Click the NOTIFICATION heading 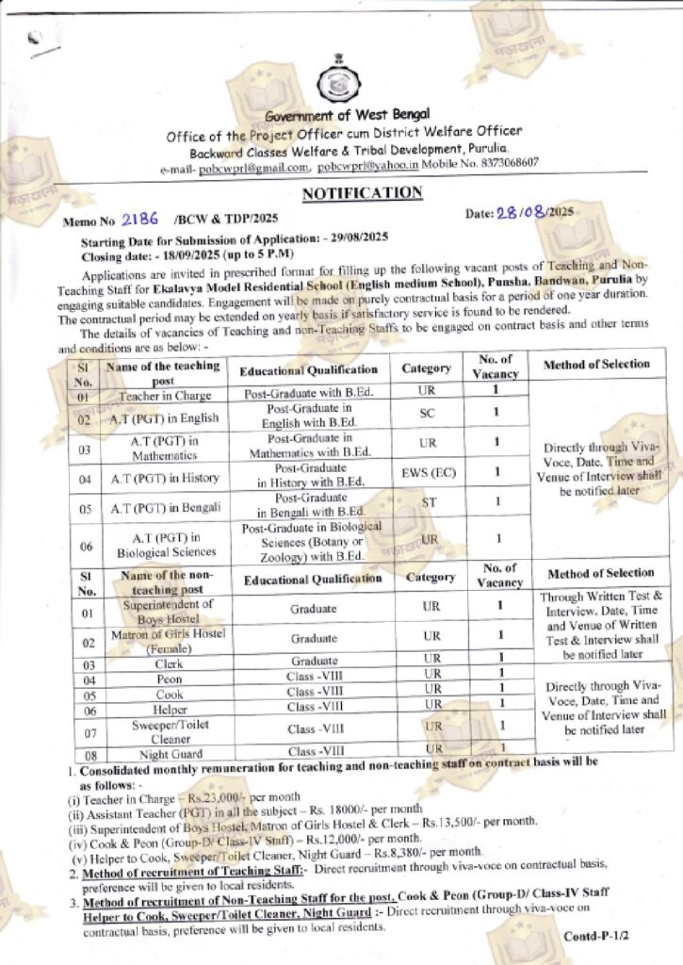[362, 193]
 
